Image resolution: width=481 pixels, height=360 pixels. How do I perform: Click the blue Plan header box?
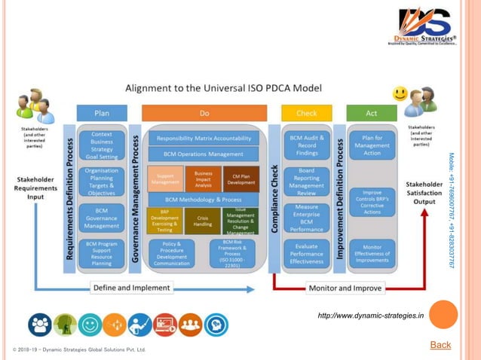coord(101,113)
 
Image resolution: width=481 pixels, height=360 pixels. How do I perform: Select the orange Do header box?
coord(204,113)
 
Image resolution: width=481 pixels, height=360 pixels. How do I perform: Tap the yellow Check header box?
coord(306,113)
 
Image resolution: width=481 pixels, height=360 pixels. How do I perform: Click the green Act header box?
coord(371,113)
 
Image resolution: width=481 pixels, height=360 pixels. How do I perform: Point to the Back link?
coord(440,345)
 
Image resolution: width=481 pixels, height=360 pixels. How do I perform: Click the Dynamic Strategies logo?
coord(422,27)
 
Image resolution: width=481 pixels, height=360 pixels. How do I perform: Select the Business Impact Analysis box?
coord(203,178)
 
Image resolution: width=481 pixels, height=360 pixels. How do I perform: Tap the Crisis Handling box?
coord(203,221)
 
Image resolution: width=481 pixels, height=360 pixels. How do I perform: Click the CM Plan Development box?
coord(240,178)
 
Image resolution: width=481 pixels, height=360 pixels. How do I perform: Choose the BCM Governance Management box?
coord(101,217)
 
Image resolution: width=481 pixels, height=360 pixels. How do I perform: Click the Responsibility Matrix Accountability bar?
coord(204,139)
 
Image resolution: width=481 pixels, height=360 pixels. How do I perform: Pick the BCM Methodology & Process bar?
coord(204,199)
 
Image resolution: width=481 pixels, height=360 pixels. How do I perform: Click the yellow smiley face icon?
coord(400,94)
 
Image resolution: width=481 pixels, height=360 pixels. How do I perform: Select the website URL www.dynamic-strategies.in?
coord(370,315)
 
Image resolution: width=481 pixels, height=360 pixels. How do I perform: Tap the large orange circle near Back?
coord(443,314)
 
